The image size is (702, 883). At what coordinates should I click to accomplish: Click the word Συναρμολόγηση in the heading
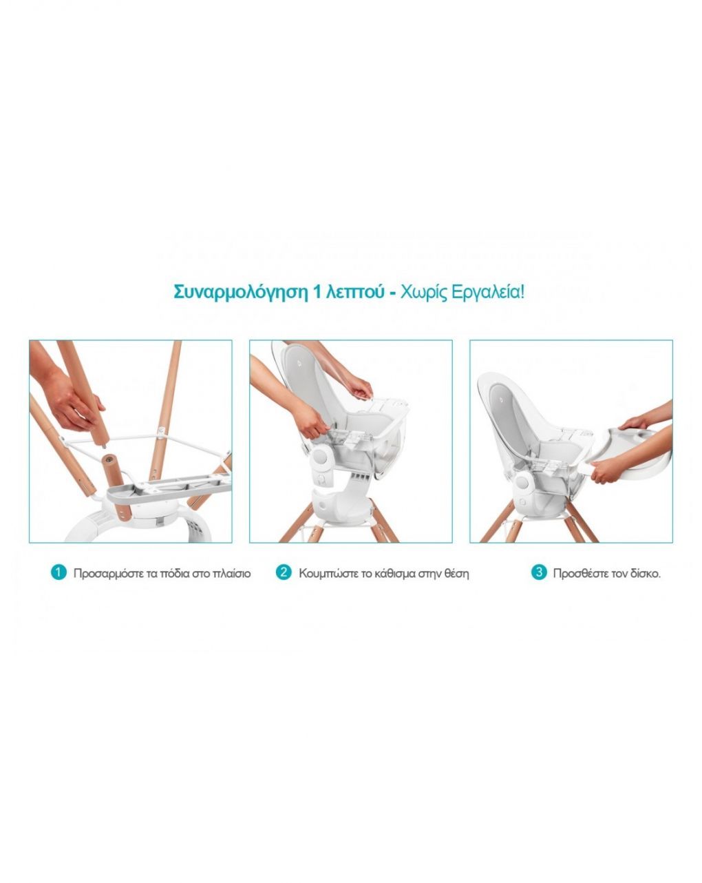pos(240,293)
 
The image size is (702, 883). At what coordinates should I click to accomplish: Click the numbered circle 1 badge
pos(58,572)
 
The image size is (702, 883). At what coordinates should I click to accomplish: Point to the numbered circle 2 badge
pos(284,572)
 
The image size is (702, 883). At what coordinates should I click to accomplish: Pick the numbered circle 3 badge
pos(539,572)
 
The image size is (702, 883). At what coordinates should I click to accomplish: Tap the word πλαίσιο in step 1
pos(232,574)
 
